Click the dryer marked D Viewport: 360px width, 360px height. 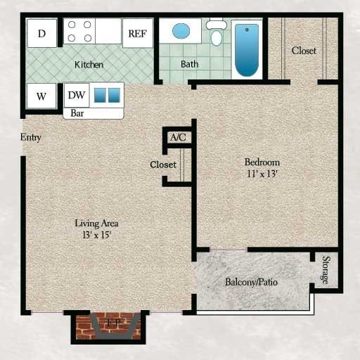(41, 33)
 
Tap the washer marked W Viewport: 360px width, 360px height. (41, 96)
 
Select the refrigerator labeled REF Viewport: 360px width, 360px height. (137, 33)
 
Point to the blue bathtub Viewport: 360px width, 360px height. (247, 49)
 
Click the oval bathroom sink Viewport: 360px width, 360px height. (181, 31)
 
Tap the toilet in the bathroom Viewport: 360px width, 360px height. (217, 32)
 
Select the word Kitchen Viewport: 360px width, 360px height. (89, 65)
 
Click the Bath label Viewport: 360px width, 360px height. (189, 64)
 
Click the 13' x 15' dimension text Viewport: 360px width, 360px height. (96, 235)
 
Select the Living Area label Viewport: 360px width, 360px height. (96, 223)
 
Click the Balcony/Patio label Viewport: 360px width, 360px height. (252, 282)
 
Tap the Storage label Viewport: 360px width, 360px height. (325, 269)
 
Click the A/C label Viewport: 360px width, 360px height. (178, 137)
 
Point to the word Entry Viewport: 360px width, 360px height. (30, 137)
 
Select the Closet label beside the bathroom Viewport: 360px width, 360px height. (304, 51)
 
